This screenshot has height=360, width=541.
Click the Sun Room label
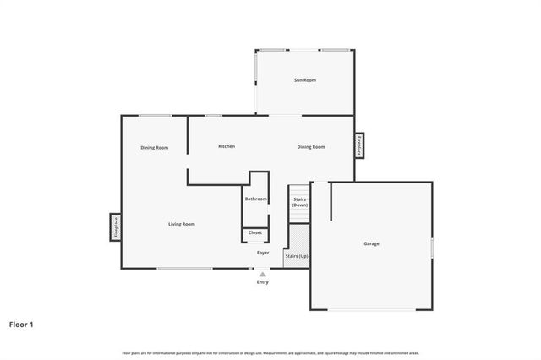(x=304, y=80)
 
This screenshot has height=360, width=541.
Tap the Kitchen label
(x=227, y=146)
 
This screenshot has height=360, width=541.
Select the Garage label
(x=371, y=243)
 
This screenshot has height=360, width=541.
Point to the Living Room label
(x=181, y=224)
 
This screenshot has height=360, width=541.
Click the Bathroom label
(x=255, y=199)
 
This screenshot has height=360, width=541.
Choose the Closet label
(x=254, y=232)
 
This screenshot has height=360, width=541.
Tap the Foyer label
(x=263, y=253)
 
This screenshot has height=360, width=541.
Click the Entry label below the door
(x=263, y=282)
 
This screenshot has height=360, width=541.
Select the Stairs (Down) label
(x=300, y=202)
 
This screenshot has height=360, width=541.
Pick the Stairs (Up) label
(x=296, y=254)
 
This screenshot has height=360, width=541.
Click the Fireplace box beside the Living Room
(x=115, y=226)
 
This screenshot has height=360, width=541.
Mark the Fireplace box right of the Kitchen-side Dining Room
(x=359, y=145)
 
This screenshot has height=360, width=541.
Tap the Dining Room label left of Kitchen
(x=154, y=148)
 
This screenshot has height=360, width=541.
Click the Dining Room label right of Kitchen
(x=311, y=147)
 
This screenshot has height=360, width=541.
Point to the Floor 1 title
(x=21, y=324)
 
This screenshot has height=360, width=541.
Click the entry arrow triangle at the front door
(x=263, y=274)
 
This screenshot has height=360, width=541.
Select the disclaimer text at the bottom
(x=270, y=352)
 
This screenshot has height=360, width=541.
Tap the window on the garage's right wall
(x=432, y=247)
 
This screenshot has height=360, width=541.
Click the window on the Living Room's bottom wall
(x=184, y=269)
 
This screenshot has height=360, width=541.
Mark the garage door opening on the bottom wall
(x=371, y=309)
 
